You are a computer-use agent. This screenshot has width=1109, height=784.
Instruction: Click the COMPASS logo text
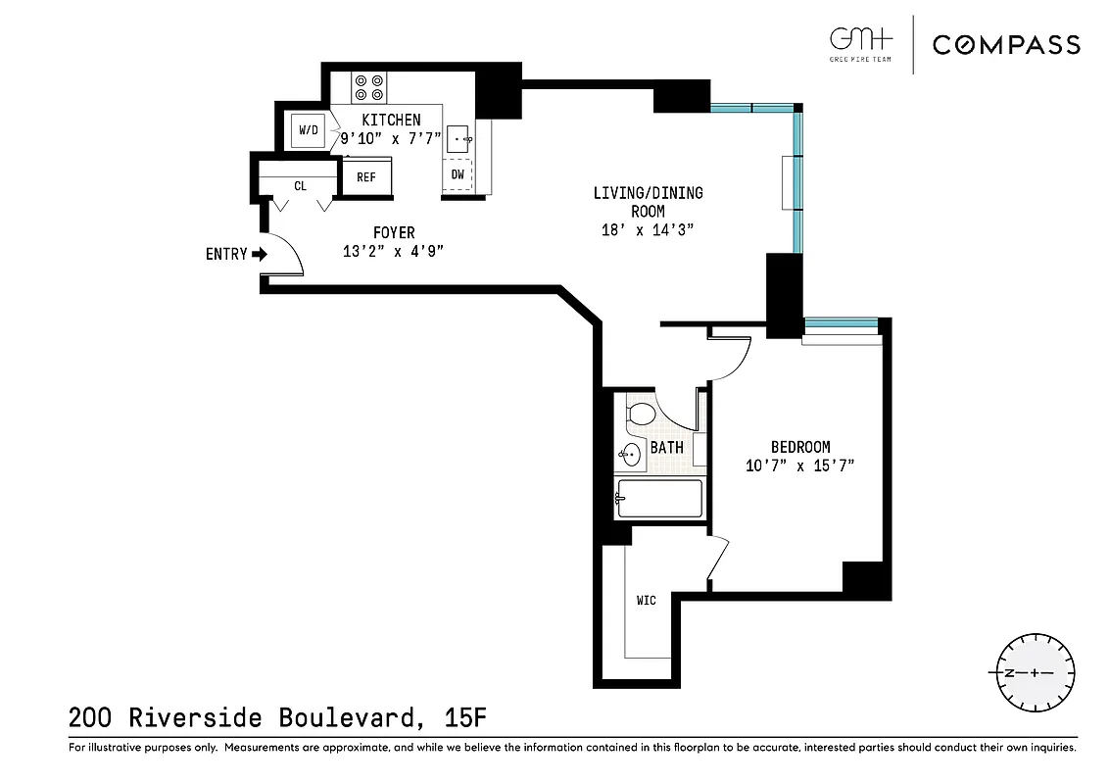(1006, 44)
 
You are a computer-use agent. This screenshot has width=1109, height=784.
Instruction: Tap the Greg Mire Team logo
(861, 44)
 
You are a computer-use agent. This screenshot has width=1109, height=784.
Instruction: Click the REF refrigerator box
(366, 177)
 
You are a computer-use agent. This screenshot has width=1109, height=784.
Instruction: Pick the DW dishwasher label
(458, 175)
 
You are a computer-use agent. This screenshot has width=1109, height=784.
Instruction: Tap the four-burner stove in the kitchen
(369, 87)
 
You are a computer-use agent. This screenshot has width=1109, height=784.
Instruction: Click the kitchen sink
(458, 139)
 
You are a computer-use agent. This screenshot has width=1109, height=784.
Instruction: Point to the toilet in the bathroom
(640, 413)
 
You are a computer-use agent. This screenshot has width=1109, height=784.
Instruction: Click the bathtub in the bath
(659, 499)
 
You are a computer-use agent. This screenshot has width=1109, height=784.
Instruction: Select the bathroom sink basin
(630, 455)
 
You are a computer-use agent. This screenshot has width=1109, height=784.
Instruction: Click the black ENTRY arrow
(260, 255)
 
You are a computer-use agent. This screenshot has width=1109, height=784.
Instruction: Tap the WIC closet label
(646, 600)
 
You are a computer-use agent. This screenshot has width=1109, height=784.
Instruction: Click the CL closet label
(299, 184)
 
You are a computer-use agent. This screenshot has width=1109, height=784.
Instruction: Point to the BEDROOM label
(799, 447)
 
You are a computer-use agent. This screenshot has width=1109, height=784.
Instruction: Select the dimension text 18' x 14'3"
(648, 230)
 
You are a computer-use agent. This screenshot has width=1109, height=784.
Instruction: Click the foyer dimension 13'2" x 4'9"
(394, 250)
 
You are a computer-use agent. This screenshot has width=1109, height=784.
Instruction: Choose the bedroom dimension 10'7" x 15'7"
(799, 465)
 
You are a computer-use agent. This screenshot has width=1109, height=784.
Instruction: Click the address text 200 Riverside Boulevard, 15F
(277, 718)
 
